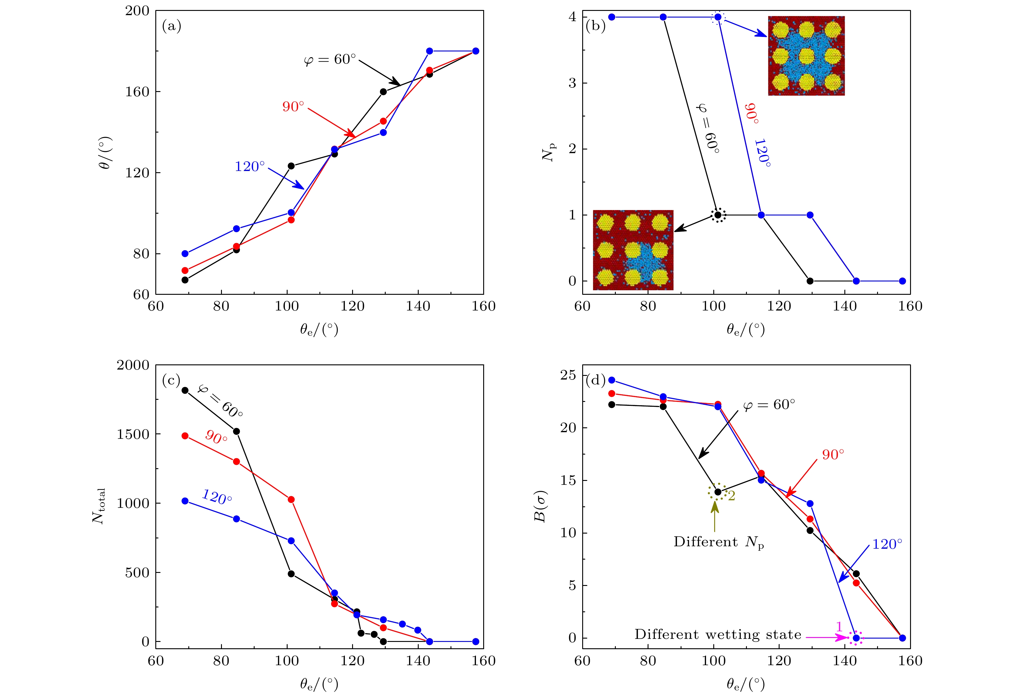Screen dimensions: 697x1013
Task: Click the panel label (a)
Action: [171, 27]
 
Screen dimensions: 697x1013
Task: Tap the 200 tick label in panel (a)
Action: [137, 11]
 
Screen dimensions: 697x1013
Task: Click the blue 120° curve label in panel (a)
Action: [250, 167]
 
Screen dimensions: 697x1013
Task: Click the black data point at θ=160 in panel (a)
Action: [383, 92]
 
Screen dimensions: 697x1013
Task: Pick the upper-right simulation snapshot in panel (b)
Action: [806, 56]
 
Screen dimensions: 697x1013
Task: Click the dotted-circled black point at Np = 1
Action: [718, 215]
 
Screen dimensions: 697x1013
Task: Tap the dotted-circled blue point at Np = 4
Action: [718, 17]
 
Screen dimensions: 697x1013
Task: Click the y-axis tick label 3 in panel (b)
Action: [572, 83]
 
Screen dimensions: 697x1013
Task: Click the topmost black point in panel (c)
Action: [185, 390]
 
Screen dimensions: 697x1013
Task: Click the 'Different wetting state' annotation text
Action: [718, 635]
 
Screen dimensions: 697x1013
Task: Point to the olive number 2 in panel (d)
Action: [732, 496]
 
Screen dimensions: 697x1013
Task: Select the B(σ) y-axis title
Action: [541, 507]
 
